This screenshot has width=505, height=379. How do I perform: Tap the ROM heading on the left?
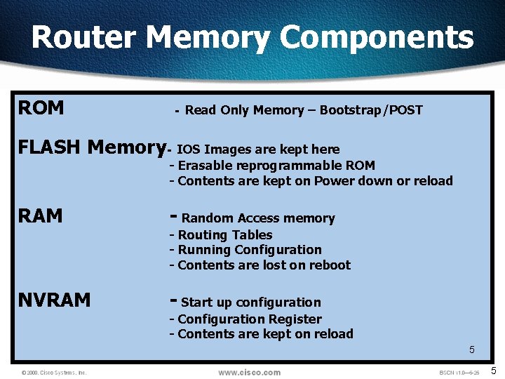coord(41,108)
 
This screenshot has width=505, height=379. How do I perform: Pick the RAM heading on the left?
coord(41,215)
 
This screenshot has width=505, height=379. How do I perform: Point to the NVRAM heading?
coord(55,300)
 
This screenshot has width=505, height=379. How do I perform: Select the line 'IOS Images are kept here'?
coord(257,149)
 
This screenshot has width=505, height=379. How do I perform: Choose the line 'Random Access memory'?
coord(257,218)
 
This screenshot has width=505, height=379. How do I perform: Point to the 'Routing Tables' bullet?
coord(224,235)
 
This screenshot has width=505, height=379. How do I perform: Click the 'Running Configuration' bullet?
coord(249,250)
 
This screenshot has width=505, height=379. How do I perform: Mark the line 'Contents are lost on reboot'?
coord(263,265)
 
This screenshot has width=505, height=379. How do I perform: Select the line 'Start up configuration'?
coord(250,302)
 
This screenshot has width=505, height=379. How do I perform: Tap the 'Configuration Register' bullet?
coord(249,319)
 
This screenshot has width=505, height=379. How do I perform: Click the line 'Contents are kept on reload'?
coord(264,334)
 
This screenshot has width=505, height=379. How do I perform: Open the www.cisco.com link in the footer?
coord(249,373)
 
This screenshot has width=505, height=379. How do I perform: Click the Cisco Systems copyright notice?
coord(54,373)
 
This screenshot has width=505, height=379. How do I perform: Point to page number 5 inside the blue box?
coord(472,350)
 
